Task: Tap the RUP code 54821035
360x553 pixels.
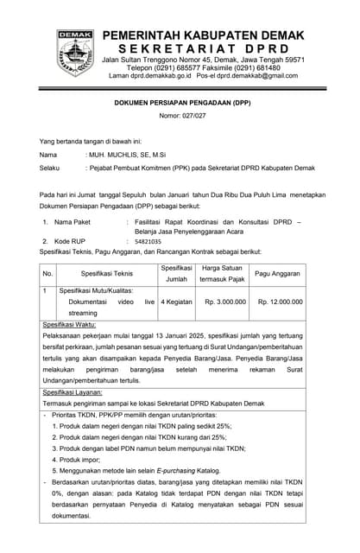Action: pos(148,242)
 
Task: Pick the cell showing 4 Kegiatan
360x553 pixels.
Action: pos(176,302)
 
